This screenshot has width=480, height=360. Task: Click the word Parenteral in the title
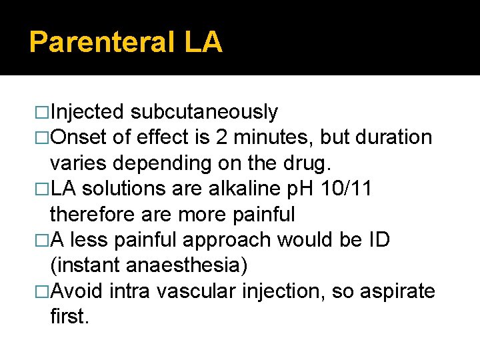[x=101, y=43]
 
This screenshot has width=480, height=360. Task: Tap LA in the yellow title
[x=203, y=43]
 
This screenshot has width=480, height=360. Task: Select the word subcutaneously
[x=204, y=112]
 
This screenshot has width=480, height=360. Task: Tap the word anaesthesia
[x=187, y=265]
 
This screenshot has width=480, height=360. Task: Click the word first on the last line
[x=69, y=317]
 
